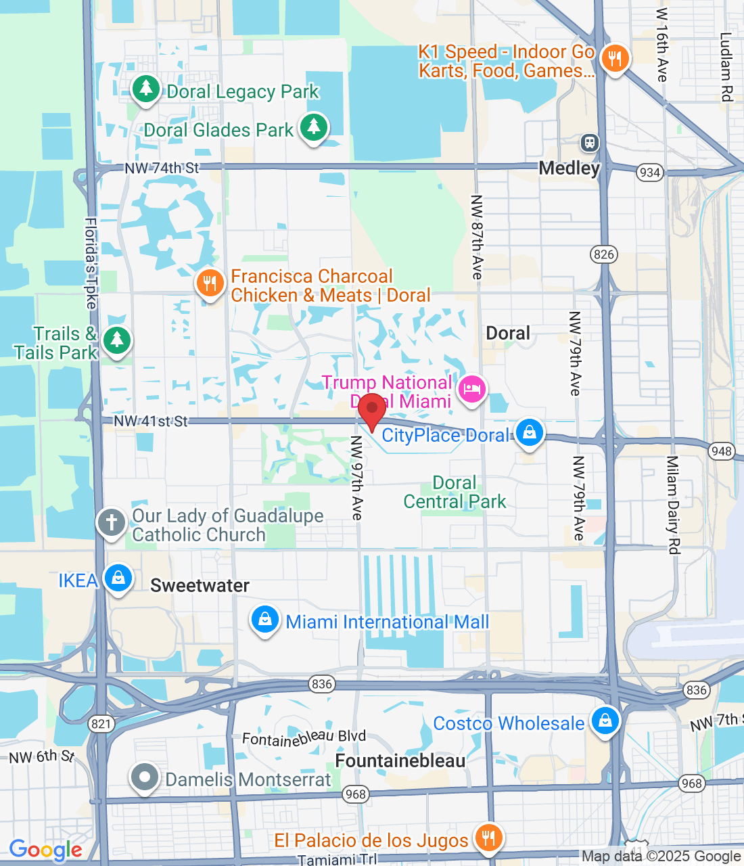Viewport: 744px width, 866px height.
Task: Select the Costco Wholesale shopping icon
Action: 605,721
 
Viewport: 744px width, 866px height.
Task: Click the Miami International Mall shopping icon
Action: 265,620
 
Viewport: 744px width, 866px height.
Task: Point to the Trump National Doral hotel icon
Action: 472,389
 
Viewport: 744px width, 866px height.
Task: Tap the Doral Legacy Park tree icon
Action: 145,89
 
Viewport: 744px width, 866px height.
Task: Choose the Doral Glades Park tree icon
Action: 312,127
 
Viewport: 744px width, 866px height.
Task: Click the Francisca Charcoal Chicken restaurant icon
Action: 210,284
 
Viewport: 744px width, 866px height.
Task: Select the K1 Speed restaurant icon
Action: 615,58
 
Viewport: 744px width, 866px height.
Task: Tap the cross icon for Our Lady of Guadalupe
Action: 112,523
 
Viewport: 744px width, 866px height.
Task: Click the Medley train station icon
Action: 590,143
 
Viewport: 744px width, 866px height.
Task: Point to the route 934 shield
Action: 649,173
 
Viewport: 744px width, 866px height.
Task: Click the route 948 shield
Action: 722,451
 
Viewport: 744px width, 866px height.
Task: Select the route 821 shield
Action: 101,724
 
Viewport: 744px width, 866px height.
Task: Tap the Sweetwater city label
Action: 200,586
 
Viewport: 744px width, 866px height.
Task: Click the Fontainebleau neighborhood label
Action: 400,761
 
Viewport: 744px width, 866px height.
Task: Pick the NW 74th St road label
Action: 162,168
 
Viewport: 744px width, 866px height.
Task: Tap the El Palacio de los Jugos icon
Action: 487,838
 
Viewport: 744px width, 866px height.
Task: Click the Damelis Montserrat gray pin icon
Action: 145,778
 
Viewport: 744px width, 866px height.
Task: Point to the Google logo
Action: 45,850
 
